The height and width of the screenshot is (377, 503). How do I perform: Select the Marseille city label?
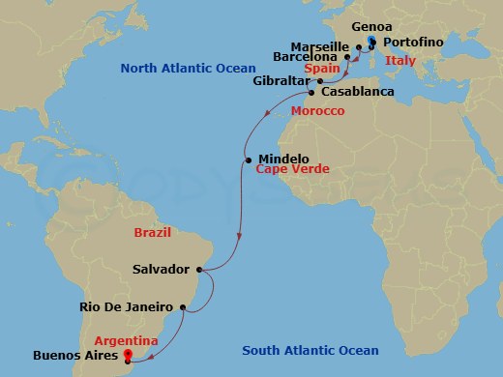(x=318, y=45)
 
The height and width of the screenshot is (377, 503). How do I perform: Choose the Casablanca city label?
(x=357, y=92)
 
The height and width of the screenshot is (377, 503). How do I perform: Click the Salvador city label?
(x=163, y=270)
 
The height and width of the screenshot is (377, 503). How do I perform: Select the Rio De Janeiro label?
(x=123, y=307)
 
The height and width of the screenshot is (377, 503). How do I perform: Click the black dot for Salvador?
(x=198, y=270)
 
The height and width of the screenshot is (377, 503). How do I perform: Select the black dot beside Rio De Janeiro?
(x=181, y=307)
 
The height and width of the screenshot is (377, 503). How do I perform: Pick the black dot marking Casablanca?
(x=311, y=93)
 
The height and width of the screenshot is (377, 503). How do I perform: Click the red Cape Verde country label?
(x=293, y=169)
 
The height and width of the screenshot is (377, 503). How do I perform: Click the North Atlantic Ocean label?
(x=189, y=69)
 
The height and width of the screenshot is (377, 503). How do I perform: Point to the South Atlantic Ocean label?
(x=311, y=350)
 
